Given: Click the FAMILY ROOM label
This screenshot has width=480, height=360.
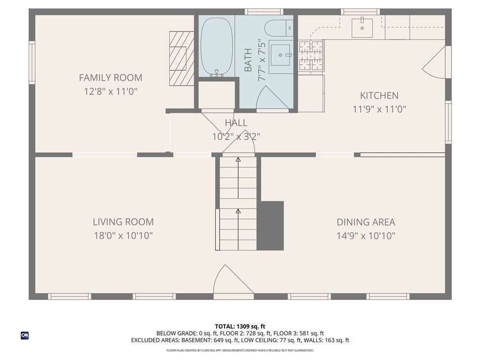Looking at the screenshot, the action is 111,78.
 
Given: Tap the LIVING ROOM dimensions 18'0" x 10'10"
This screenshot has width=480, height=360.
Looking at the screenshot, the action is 123,236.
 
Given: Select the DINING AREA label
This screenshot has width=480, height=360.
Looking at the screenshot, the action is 366,222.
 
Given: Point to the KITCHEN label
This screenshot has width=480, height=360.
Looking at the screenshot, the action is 379,96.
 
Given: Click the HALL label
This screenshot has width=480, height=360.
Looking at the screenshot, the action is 236,123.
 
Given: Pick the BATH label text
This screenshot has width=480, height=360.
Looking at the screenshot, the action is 248,60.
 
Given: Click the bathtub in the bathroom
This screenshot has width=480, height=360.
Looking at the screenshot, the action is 217,47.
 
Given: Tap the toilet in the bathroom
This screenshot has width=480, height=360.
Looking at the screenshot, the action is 278,28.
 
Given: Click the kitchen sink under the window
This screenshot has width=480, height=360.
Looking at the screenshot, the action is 362,28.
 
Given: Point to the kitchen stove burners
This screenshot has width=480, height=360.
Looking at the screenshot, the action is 311,55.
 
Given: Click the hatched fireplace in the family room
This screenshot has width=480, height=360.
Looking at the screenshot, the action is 181,58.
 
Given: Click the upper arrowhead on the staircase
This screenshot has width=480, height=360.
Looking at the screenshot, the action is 238,159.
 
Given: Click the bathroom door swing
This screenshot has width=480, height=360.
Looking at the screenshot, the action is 271,97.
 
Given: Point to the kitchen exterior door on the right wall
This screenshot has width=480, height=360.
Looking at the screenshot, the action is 434,62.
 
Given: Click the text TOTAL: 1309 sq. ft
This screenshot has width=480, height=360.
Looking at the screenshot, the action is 240,326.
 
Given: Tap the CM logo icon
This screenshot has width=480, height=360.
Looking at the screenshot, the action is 25,336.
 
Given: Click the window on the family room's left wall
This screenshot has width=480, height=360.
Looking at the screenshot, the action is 32,62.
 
